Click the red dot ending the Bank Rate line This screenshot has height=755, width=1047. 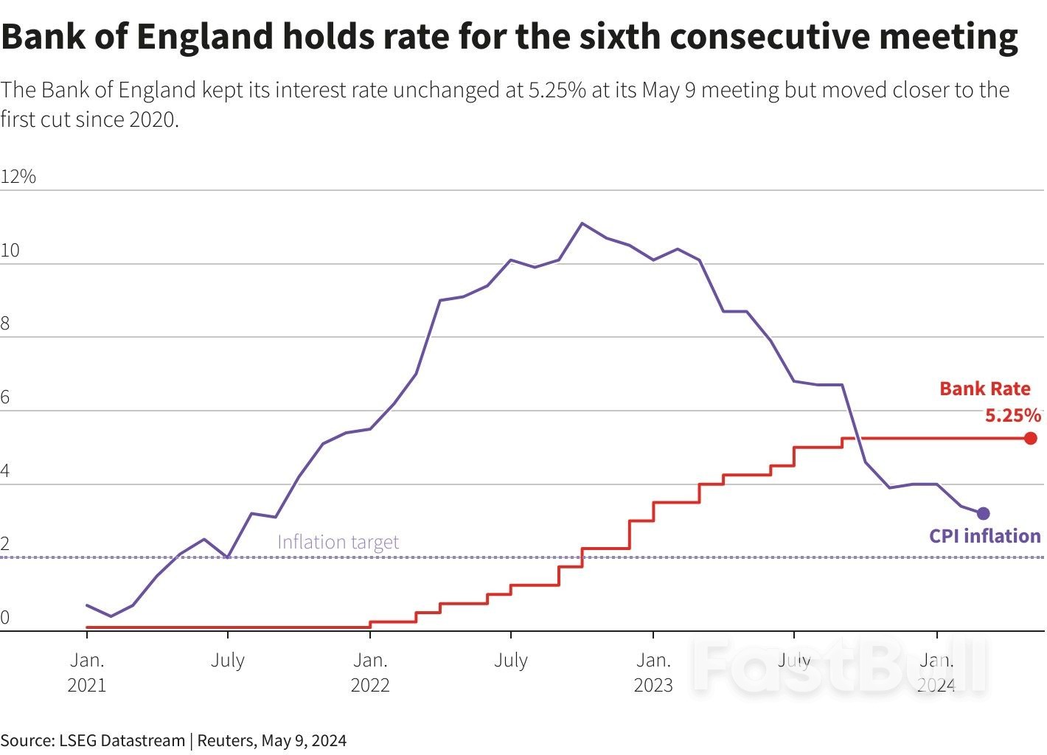point(1030,438)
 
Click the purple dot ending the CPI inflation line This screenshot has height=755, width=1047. point(983,513)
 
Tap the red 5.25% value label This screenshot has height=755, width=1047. point(1012,415)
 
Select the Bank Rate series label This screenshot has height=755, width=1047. point(984,389)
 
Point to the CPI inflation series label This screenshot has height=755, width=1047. point(984,536)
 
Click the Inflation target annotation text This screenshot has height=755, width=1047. point(338,542)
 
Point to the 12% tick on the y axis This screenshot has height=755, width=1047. point(18,176)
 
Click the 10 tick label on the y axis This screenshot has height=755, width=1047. point(10,250)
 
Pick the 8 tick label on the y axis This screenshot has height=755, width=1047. point(5,324)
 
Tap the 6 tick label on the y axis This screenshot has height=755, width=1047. point(5,397)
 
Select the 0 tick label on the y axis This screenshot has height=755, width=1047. point(5,618)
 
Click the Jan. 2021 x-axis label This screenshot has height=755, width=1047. point(87,672)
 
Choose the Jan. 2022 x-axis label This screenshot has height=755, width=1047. point(369,672)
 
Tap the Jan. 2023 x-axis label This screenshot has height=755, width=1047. point(653,672)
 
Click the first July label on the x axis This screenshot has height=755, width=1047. point(227,660)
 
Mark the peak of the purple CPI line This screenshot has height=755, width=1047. point(582,223)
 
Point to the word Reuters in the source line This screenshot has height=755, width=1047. point(225,740)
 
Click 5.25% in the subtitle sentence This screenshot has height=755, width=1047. point(557,90)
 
